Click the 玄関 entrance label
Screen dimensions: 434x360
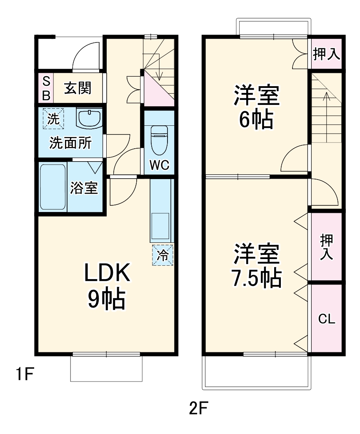[77, 88]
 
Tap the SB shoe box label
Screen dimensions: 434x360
[46, 88]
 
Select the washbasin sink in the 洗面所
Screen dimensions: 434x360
[89, 118]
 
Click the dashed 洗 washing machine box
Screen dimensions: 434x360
[53, 119]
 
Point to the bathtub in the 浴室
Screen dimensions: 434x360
[53, 187]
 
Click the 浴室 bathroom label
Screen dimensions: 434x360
[84, 188]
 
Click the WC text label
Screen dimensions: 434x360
[159, 165]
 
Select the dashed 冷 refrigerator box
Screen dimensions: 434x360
[162, 255]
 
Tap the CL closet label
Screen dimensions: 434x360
[327, 319]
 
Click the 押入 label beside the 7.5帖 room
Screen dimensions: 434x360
[327, 247]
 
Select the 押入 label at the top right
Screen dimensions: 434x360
[327, 54]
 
